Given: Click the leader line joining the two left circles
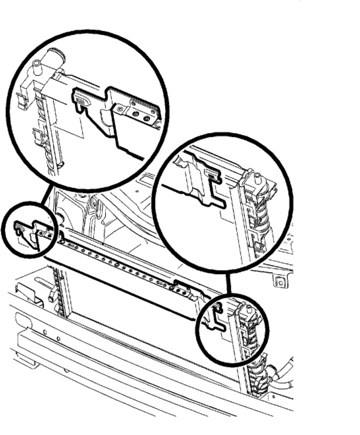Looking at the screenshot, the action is click(47, 195).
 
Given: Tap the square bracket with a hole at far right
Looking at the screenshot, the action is click(279, 280).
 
